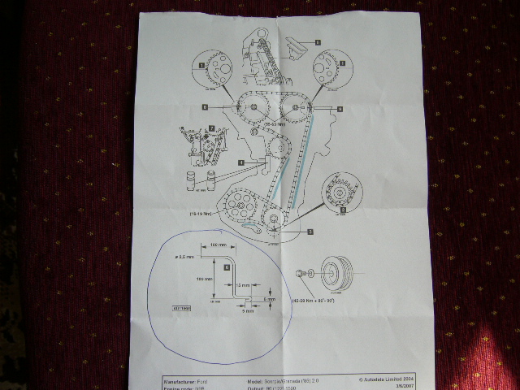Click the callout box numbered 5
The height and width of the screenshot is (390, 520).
tap(318, 41)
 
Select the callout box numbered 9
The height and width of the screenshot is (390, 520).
tap(340, 108)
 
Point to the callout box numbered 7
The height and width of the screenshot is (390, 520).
tap(212, 128)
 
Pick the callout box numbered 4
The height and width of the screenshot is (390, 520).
tap(240, 163)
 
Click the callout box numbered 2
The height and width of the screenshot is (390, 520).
tap(344, 210)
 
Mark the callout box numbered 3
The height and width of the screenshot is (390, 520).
tap(310, 231)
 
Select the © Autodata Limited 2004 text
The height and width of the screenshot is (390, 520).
tap(386, 379)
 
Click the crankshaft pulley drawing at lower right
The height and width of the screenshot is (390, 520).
tap(336, 271)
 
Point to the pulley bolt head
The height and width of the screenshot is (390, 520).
tap(301, 274)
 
